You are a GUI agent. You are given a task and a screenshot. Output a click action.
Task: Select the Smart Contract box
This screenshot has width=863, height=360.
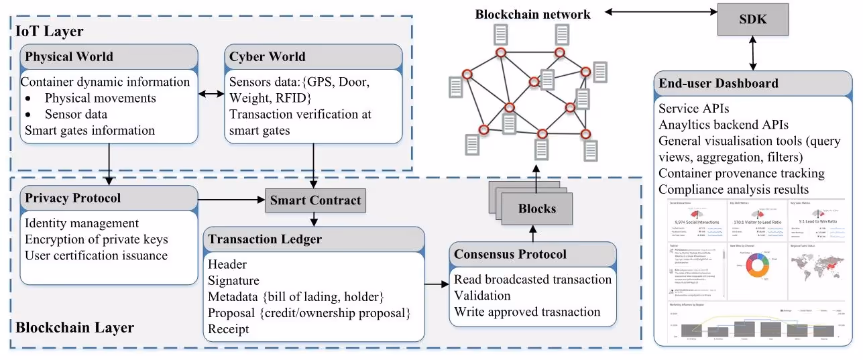(316, 200)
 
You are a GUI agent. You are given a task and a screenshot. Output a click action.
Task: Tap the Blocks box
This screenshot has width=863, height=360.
(537, 208)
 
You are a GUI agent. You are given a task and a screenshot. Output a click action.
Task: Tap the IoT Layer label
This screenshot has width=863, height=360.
(49, 31)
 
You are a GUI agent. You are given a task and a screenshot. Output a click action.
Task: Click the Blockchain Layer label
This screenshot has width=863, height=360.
(74, 328)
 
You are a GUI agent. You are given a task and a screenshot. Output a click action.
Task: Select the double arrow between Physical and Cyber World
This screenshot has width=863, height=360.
(211, 95)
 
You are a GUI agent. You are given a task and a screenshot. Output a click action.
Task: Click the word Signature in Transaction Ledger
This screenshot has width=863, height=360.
(233, 280)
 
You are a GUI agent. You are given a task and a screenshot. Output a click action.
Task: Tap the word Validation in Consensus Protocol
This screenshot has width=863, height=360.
(482, 296)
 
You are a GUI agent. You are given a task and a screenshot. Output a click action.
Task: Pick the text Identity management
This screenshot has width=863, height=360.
(82, 223)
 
